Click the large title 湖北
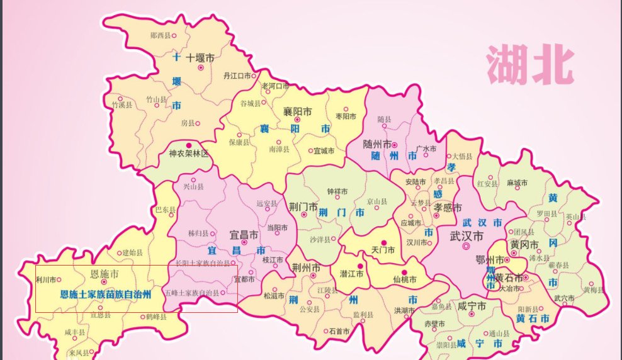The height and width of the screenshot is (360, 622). pyautogui.click(x=529, y=64)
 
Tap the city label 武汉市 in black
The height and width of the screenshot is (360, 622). pyautogui.click(x=466, y=236)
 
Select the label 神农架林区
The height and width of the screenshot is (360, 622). pyautogui.click(x=188, y=154)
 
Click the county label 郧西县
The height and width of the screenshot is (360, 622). pyautogui.click(x=161, y=35)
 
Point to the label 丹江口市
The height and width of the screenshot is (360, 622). pyautogui.click(x=237, y=76)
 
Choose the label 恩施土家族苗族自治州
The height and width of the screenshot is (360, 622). pyautogui.click(x=105, y=293)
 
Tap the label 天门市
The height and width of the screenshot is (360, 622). pyautogui.click(x=383, y=250)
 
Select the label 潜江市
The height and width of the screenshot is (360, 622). pyautogui.click(x=352, y=274)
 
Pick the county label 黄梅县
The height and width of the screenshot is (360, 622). pyautogui.click(x=593, y=290)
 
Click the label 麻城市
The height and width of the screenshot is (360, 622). pyautogui.click(x=517, y=183)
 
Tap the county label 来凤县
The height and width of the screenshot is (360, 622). pyautogui.click(x=80, y=352)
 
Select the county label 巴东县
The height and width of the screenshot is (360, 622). pyautogui.click(x=165, y=210)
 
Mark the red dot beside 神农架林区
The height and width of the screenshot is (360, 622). pyautogui.click(x=188, y=145)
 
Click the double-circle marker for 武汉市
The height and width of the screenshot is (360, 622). pyautogui.click(x=466, y=247)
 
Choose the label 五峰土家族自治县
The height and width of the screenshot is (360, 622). pyautogui.click(x=192, y=293)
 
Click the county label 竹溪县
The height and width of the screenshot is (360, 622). pyautogui.click(x=122, y=105)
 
